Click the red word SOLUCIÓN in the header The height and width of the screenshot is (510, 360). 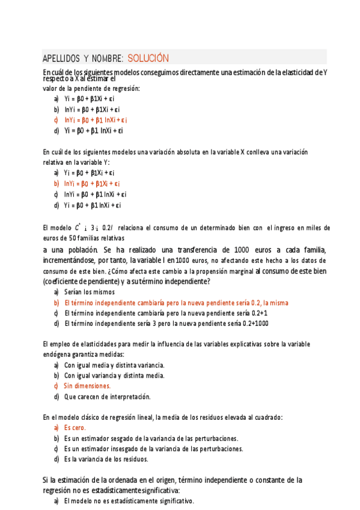(x=148, y=58)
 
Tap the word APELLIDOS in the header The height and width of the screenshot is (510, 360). (x=62, y=58)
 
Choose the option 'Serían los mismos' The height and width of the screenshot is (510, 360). (x=88, y=292)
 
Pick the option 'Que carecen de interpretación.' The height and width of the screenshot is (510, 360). (x=107, y=396)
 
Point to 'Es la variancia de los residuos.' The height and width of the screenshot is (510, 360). (x=106, y=459)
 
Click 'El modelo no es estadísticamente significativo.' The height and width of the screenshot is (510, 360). (x=129, y=501)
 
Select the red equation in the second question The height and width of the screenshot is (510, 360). (x=92, y=183)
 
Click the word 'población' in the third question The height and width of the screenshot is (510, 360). (x=79, y=250)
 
